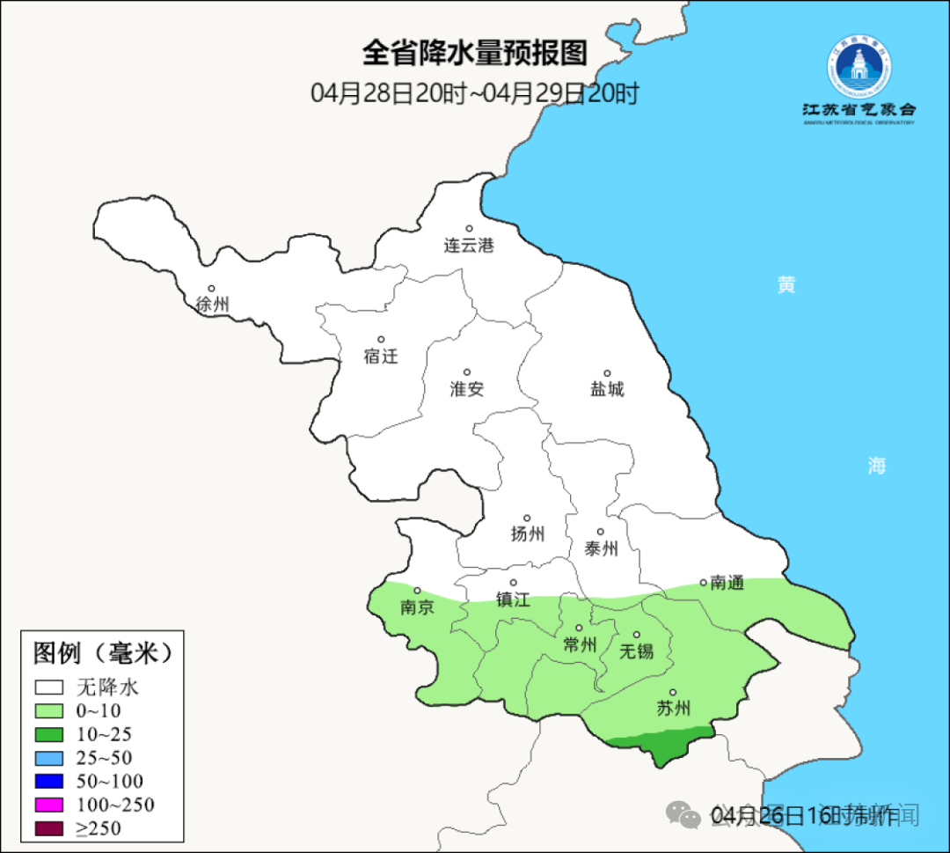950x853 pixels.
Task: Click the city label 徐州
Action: tap(213, 305)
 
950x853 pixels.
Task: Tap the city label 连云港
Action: tap(469, 246)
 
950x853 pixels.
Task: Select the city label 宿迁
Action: tap(381, 357)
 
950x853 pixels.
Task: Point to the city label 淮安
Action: tap(467, 389)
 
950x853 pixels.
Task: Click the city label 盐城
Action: tap(607, 389)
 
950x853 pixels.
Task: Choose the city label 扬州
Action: tap(528, 533)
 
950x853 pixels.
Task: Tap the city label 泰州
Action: tap(601, 548)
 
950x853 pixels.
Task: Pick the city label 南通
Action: tap(727, 583)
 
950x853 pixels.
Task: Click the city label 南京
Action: tap(417, 607)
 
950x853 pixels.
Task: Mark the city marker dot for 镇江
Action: tap(514, 583)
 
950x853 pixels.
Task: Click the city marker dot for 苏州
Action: tap(673, 693)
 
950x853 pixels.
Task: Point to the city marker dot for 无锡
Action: tap(637, 635)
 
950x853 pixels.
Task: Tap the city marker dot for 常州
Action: tap(579, 629)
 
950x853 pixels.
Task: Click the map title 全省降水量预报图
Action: tap(474, 54)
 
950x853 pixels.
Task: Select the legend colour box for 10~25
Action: tap(49, 734)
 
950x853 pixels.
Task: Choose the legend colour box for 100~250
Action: tap(49, 805)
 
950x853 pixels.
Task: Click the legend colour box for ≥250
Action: tap(49, 828)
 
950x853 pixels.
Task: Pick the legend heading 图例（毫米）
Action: tap(100, 653)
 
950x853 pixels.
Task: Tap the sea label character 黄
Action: tap(786, 285)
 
